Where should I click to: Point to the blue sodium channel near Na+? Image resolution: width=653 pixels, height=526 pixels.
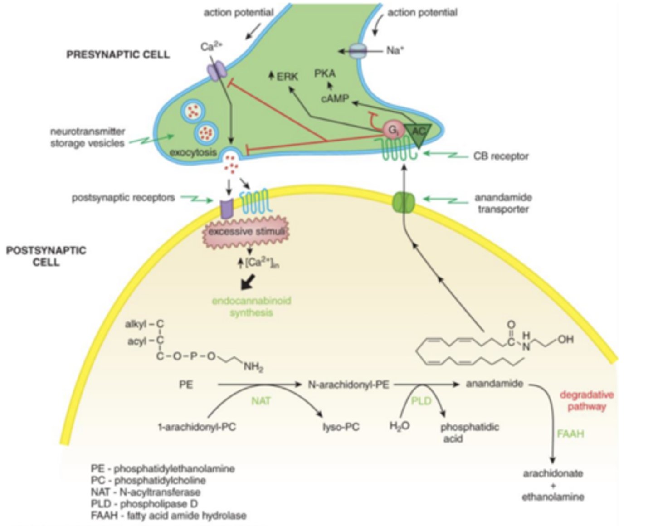[x=359, y=51]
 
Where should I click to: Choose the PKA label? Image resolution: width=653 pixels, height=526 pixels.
[x=325, y=73]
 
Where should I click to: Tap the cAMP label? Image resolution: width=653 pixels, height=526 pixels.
[x=335, y=98]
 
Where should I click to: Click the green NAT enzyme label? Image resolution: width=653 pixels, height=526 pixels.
[x=261, y=401]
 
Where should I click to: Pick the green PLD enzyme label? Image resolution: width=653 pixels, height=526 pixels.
[x=421, y=401]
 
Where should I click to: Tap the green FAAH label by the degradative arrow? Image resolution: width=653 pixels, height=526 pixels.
[x=570, y=434]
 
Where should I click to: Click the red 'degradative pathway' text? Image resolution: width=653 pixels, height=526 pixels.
[x=586, y=400]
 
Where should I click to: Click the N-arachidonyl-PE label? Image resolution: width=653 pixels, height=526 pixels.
[x=348, y=385]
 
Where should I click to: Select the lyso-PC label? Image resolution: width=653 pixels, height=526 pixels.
[x=341, y=427]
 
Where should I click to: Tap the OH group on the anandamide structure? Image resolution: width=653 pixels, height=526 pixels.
[x=565, y=339]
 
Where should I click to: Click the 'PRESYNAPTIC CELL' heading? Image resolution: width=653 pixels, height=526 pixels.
[x=118, y=55]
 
